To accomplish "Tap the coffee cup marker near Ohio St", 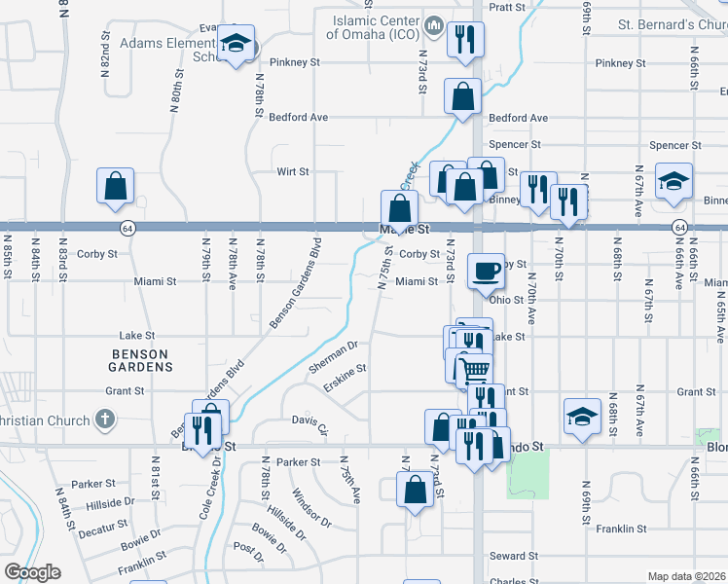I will [x=486, y=272].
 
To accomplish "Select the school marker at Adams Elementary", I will [x=235, y=44].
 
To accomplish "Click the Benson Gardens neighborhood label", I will [x=141, y=360].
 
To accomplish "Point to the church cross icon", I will [x=106, y=420].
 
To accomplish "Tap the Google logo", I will [x=31, y=572].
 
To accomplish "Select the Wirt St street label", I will [x=292, y=171].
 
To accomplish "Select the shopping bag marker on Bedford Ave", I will [x=462, y=96].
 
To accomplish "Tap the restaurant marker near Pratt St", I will [x=463, y=40].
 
